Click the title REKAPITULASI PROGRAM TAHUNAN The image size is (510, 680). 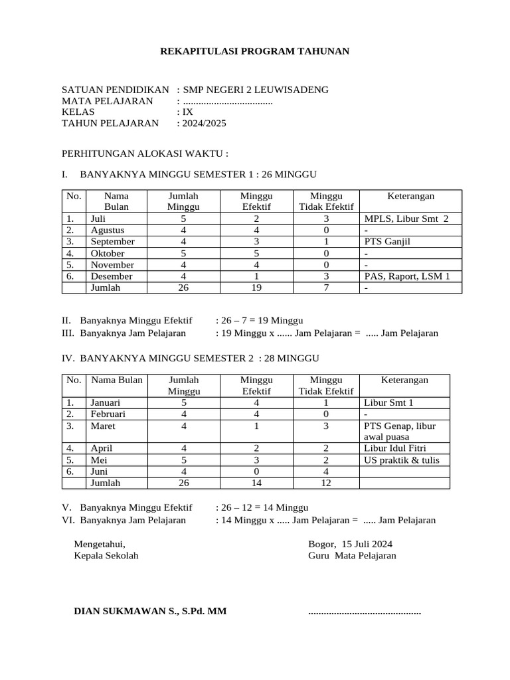pos(254,51)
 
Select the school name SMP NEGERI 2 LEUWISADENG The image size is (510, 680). pos(255,90)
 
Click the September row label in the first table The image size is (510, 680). pos(112,242)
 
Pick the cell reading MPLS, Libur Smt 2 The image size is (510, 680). pos(406,218)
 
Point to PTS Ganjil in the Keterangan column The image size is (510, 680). pos(387,242)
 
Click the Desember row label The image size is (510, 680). pos(112,276)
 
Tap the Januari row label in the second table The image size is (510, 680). pos(110,402)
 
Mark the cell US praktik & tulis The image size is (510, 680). pos(402,460)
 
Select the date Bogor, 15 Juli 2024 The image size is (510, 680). pos(350,543)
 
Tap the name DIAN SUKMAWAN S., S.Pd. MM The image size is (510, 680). pos(150,611)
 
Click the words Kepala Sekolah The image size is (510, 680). pos(106,555)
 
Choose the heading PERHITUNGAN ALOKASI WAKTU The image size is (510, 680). pos(145,153)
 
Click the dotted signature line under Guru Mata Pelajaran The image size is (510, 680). pos(365,612)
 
